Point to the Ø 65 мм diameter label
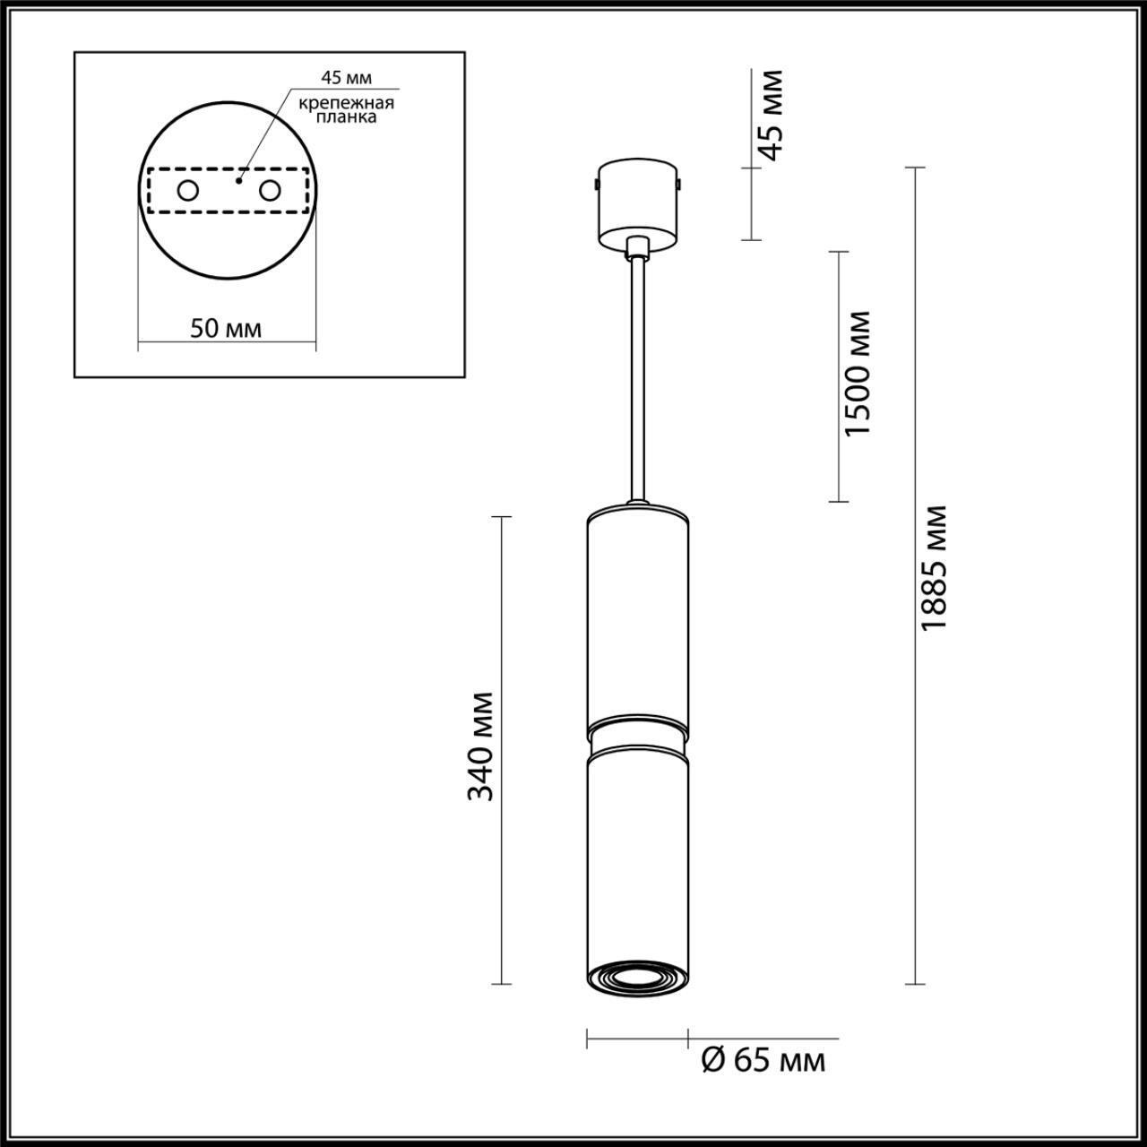tap(762, 1062)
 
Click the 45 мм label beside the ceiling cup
tap(768, 115)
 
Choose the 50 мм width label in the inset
tap(226, 328)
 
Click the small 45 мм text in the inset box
tap(346, 78)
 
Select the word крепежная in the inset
tap(347, 102)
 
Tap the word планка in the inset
tap(350, 117)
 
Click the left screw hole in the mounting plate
tap(188, 190)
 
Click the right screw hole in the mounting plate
tap(269, 190)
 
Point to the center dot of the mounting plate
tap(238, 180)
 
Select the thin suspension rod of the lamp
tap(637, 376)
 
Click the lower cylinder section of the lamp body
tap(637, 851)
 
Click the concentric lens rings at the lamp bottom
tap(637, 978)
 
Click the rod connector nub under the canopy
tap(637, 246)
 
